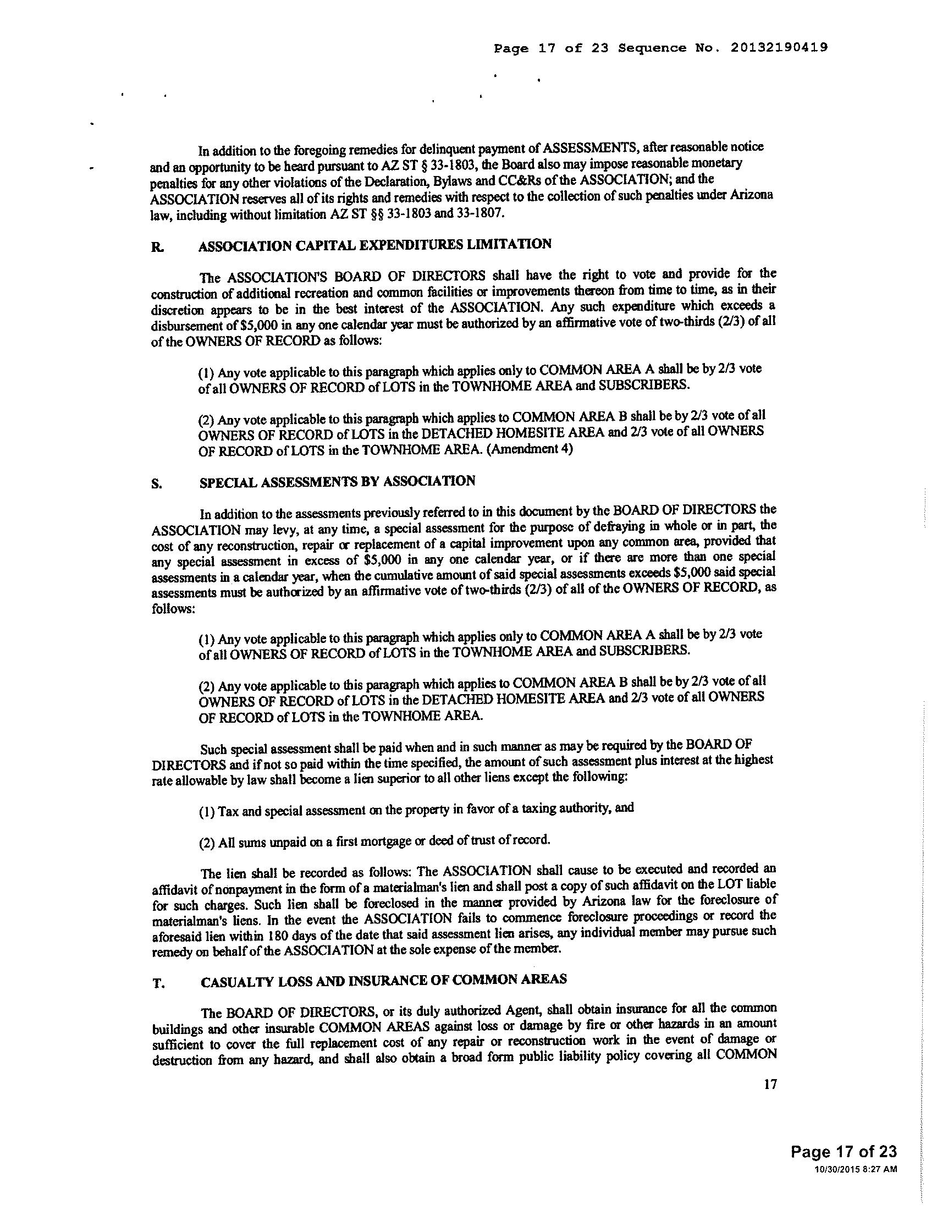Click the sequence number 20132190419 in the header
(779, 48)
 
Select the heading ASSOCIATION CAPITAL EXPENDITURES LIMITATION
(375, 245)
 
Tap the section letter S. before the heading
(157, 484)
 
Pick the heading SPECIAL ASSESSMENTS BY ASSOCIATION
(337, 481)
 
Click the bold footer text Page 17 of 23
(844, 1152)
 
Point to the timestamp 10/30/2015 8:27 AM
(856, 1169)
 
